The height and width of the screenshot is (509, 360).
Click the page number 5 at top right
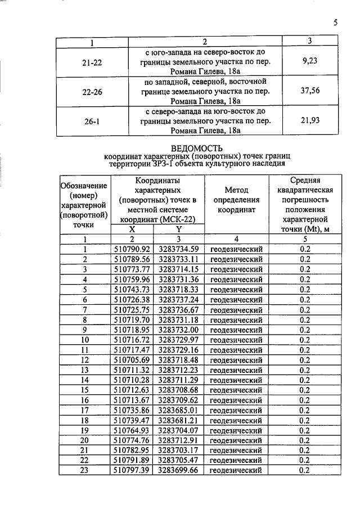(335, 23)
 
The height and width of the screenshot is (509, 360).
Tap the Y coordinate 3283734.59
(179, 249)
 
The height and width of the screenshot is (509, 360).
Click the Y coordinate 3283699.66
(179, 470)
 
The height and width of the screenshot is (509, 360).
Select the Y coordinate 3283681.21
(179, 420)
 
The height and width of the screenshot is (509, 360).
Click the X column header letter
(132, 229)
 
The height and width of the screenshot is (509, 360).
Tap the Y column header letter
(179, 229)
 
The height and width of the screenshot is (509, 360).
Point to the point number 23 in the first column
(85, 470)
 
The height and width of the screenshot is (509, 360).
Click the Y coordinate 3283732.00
(179, 330)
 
